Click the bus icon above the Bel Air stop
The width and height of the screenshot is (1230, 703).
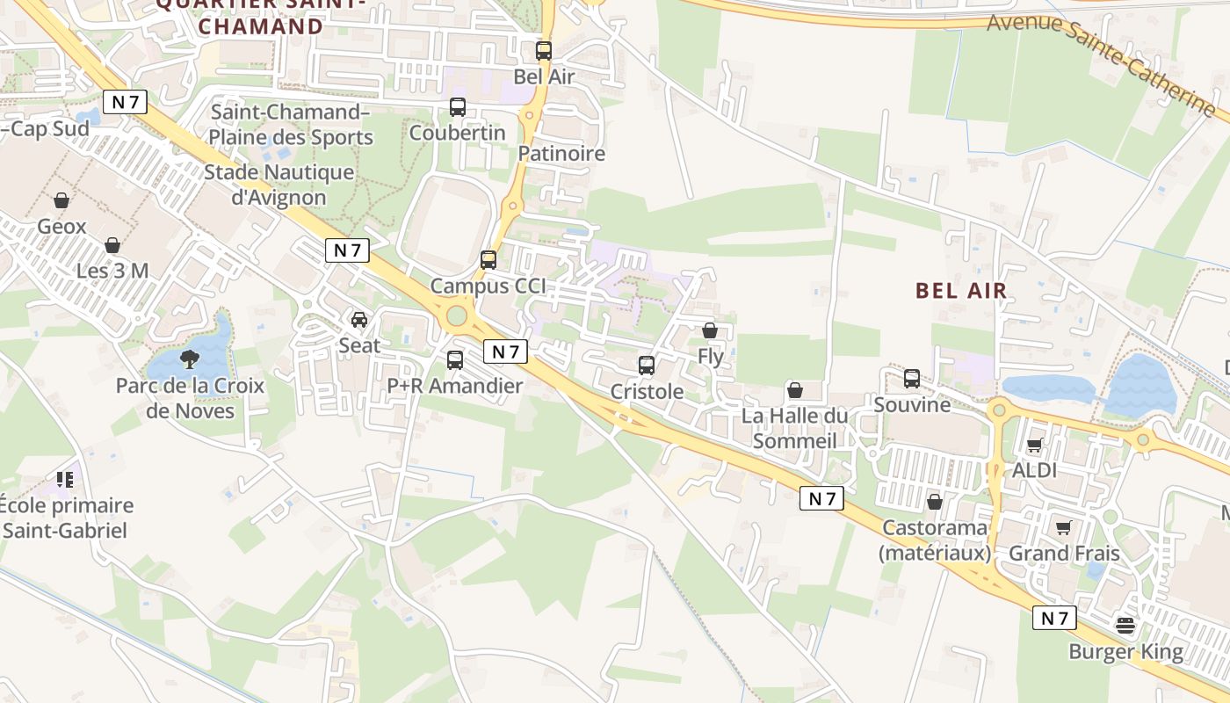[544, 51]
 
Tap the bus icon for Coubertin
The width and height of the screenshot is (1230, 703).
[458, 107]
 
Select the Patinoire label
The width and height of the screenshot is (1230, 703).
[561, 154]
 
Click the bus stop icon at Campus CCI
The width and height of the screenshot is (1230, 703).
[488, 260]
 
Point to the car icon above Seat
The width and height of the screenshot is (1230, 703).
[359, 319]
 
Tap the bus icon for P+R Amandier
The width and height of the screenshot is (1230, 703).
[455, 359]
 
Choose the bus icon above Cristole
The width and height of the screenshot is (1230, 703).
[647, 365]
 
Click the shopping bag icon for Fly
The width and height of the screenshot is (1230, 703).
[710, 330]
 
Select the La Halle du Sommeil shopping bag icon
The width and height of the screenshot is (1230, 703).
[795, 389]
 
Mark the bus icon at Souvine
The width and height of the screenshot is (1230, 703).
[912, 379]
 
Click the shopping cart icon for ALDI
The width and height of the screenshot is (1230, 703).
[1034, 445]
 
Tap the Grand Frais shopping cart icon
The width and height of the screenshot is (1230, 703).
[1064, 527]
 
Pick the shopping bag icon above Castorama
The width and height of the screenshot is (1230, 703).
[935, 502]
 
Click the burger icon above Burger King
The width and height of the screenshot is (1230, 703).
[1125, 627]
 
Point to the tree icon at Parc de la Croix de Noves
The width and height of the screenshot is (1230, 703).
[189, 359]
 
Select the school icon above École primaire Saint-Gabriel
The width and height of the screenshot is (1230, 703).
[65, 480]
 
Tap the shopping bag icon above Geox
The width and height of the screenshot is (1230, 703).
[61, 201]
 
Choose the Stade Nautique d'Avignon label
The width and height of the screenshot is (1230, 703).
[279, 185]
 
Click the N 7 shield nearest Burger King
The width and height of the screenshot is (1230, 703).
[1053, 618]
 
